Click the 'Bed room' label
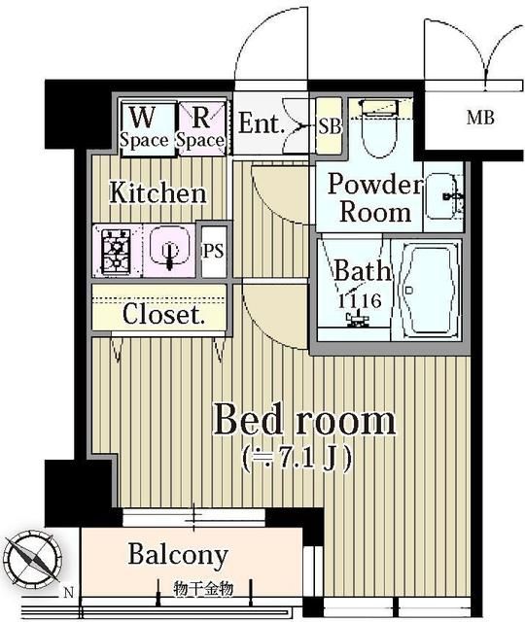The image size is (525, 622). click(x=303, y=420)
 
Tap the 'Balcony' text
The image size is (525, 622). click(x=178, y=555)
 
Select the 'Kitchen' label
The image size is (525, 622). click(x=157, y=192)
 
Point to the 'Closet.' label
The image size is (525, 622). click(x=162, y=315)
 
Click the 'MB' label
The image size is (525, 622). click(x=479, y=119)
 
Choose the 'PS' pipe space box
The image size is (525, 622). click(x=213, y=250)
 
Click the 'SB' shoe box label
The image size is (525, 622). click(x=329, y=125)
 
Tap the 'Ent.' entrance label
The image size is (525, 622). click(x=261, y=123)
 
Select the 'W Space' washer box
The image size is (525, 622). click(x=144, y=128)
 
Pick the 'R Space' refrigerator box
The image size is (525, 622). click(x=200, y=128)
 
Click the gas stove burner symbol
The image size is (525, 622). click(x=116, y=251)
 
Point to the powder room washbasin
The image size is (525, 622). click(x=445, y=195)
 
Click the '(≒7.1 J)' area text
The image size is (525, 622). click(x=297, y=457)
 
